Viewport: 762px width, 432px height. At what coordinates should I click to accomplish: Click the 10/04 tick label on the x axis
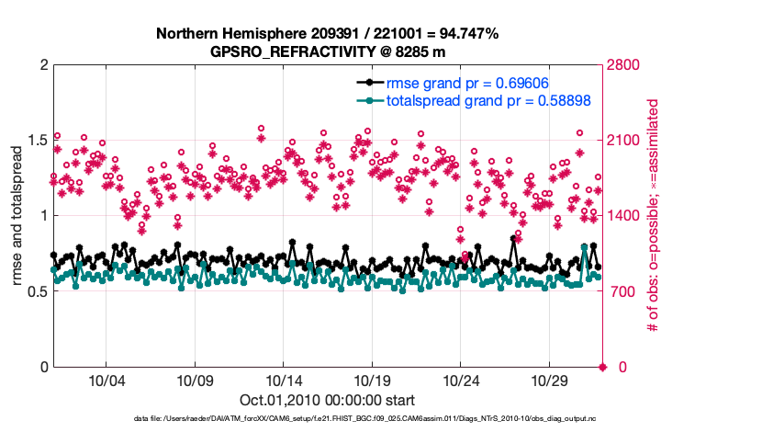click(106, 381)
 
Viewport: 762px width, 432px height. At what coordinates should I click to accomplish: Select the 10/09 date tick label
click(195, 381)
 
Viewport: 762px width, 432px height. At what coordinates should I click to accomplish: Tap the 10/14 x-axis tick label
click(284, 381)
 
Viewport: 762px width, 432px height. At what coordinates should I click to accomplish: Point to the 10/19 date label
click(373, 381)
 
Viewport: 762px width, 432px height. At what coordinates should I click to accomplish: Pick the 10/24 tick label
click(462, 381)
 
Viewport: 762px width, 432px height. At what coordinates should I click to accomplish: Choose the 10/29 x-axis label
click(551, 381)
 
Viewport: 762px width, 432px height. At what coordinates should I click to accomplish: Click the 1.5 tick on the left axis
click(35, 141)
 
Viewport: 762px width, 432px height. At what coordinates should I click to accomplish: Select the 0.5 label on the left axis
click(35, 292)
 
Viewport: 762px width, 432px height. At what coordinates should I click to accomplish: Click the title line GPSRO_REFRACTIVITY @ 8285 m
click(328, 51)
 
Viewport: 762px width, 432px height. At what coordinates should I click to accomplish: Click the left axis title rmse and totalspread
click(16, 217)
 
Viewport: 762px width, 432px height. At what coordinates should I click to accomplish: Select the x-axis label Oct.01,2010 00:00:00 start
click(328, 400)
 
